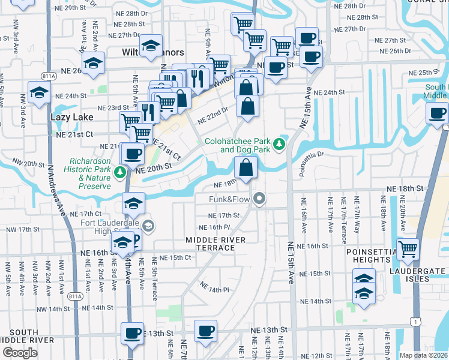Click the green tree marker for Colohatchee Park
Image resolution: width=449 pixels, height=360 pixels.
279,145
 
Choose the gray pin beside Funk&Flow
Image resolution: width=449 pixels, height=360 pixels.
259,198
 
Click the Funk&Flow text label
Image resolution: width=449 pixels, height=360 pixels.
229,199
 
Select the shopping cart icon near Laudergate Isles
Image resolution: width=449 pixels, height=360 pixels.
408,248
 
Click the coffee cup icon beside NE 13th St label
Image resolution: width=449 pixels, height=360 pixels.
205,331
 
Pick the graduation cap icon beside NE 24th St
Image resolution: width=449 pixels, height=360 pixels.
39,93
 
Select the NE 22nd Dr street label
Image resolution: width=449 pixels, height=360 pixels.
212,114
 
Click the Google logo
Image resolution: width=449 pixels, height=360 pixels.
20,352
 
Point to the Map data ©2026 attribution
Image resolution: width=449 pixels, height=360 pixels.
423,355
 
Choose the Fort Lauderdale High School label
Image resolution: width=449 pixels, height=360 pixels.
104,226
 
